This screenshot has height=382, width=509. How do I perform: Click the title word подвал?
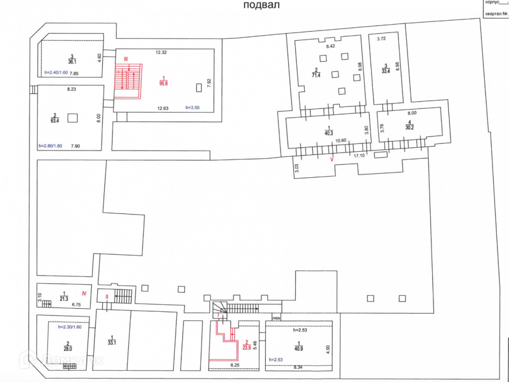click(262, 5)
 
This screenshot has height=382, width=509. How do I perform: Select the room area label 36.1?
click(72, 62)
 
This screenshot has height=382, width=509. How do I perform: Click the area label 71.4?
click(316, 75)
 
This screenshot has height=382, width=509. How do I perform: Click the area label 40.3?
click(329, 133)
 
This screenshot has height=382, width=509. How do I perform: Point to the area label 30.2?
click(410, 127)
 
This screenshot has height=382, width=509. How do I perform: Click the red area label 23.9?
click(246, 348)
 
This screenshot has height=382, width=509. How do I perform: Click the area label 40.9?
click(299, 349)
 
